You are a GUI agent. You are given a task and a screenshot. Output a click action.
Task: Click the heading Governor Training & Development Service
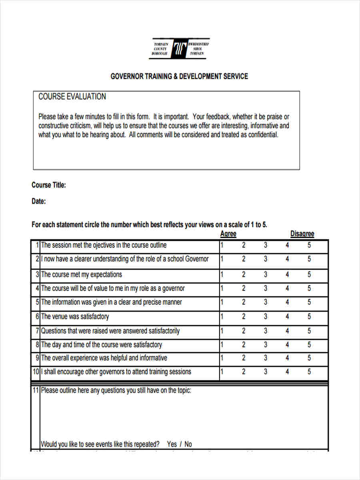pyautogui.click(x=179, y=76)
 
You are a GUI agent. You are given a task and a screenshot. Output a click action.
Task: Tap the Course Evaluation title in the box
pyautogui.click(x=72, y=97)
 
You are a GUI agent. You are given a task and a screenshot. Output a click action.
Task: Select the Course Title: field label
pyautogui.click(x=48, y=185)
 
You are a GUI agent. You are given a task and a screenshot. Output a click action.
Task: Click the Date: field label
pyautogui.click(x=38, y=202)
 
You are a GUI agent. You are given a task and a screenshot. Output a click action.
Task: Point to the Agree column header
pyautogui.click(x=228, y=234)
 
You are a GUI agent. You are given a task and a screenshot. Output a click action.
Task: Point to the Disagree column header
pyautogui.click(x=302, y=234)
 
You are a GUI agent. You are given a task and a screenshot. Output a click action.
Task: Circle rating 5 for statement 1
pyautogui.click(x=309, y=245)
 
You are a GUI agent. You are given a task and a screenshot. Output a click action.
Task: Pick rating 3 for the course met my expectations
pyautogui.click(x=266, y=275)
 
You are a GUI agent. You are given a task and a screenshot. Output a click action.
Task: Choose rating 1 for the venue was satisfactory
pyautogui.click(x=222, y=317)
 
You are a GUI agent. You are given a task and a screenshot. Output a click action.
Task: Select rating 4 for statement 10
pyautogui.click(x=287, y=372)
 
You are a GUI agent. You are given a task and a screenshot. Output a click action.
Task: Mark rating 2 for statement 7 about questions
pyautogui.click(x=244, y=331)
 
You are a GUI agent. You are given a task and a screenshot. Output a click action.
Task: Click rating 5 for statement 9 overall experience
pyautogui.click(x=309, y=358)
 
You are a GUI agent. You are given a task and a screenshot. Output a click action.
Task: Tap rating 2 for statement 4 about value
pyautogui.click(x=244, y=288)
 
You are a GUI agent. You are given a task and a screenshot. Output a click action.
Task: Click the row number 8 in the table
pyautogui.click(x=37, y=344)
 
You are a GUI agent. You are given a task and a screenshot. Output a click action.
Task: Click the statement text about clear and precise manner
pyautogui.click(x=112, y=302)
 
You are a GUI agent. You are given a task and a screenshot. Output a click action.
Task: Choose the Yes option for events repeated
pyautogui.click(x=172, y=444)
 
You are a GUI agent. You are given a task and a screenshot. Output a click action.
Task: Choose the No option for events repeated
pyautogui.click(x=188, y=444)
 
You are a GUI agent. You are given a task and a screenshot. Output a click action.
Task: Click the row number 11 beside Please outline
pyautogui.click(x=36, y=390)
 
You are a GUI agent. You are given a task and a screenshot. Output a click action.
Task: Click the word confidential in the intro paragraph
pyautogui.click(x=263, y=135)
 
